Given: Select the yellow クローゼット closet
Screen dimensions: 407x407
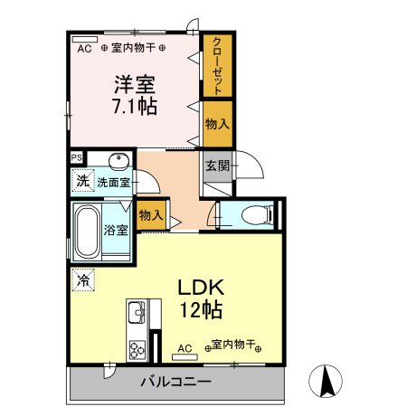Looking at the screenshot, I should click(217, 64).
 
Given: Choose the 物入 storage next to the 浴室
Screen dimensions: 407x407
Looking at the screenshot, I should click(151, 215).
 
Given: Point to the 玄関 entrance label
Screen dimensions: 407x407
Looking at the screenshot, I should click(216, 166).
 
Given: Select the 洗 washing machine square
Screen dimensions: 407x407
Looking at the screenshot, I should click(82, 179).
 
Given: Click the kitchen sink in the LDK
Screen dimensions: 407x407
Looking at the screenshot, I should click(137, 315).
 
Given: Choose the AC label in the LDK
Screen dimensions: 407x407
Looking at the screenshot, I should click(185, 347).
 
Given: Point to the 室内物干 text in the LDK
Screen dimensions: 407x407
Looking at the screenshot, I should click(231, 346).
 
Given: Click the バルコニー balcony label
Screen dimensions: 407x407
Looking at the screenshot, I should click(175, 382).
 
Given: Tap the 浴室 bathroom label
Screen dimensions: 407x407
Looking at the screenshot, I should click(118, 230).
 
